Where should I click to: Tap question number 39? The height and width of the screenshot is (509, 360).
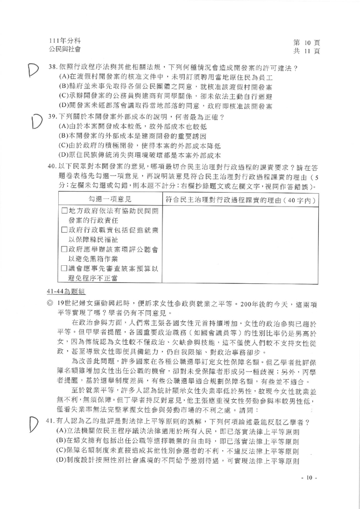(53, 117)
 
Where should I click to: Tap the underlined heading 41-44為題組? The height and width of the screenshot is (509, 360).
(70, 290)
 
